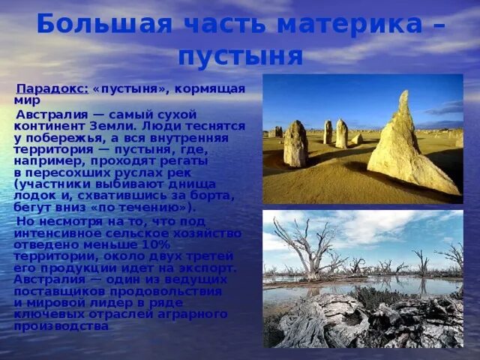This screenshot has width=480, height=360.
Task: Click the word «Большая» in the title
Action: (82, 24)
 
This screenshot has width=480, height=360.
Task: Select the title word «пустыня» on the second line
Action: (240, 55)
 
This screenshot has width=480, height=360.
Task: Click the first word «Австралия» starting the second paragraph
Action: (48, 115)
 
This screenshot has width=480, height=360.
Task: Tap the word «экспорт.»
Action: (204, 268)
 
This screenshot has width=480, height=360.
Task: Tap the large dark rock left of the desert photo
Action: (295, 144)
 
